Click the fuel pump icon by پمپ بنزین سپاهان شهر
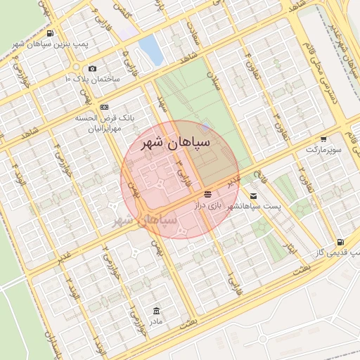tap(49, 33)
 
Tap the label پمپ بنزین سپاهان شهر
tap(46, 44)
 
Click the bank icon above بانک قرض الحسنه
tap(104, 106)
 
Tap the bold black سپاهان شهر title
tap(173, 143)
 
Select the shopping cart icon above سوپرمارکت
tap(323, 139)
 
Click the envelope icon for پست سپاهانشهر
tap(252, 195)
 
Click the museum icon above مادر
tap(155, 310)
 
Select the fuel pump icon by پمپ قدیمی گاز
tap(340, 241)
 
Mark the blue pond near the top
tap(149, 49)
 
